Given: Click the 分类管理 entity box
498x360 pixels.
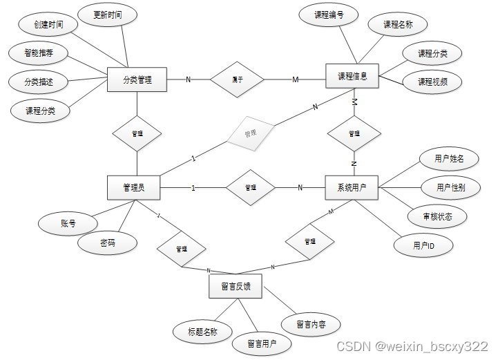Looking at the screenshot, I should tap(137, 79).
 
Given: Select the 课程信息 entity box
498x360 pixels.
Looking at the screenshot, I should tap(352, 76).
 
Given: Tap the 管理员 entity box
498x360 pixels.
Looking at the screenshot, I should tap(133, 187).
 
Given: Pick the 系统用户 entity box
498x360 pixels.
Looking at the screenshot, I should tap(352, 187).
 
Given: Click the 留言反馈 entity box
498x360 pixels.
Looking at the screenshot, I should tap(236, 286).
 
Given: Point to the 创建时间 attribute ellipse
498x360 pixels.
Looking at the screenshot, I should tap(48, 26).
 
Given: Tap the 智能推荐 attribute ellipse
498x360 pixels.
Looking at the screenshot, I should tap(39, 53).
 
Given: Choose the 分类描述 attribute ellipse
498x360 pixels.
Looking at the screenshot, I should tap(39, 82).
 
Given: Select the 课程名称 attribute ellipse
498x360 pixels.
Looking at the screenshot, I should tap(398, 24).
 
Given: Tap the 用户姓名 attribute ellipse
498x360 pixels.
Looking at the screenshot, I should tap(449, 159).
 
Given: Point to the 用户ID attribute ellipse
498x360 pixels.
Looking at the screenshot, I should tap(423, 245).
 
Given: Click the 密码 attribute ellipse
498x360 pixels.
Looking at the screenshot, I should tap(107, 243).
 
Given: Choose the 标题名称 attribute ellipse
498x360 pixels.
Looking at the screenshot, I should tap(202, 332).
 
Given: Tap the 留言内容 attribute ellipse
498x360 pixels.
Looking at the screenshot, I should tap(311, 323).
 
